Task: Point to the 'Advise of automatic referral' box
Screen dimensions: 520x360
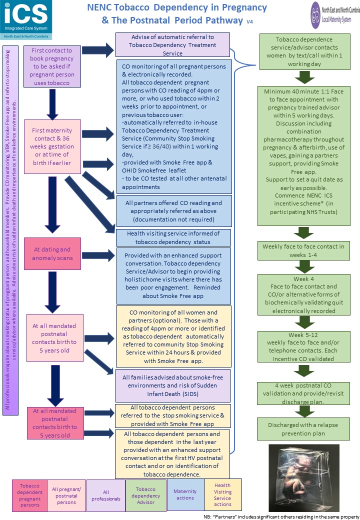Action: [172, 44]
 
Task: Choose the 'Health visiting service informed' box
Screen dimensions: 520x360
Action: [172, 237]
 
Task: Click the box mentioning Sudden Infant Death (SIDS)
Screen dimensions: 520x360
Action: [172, 371]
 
